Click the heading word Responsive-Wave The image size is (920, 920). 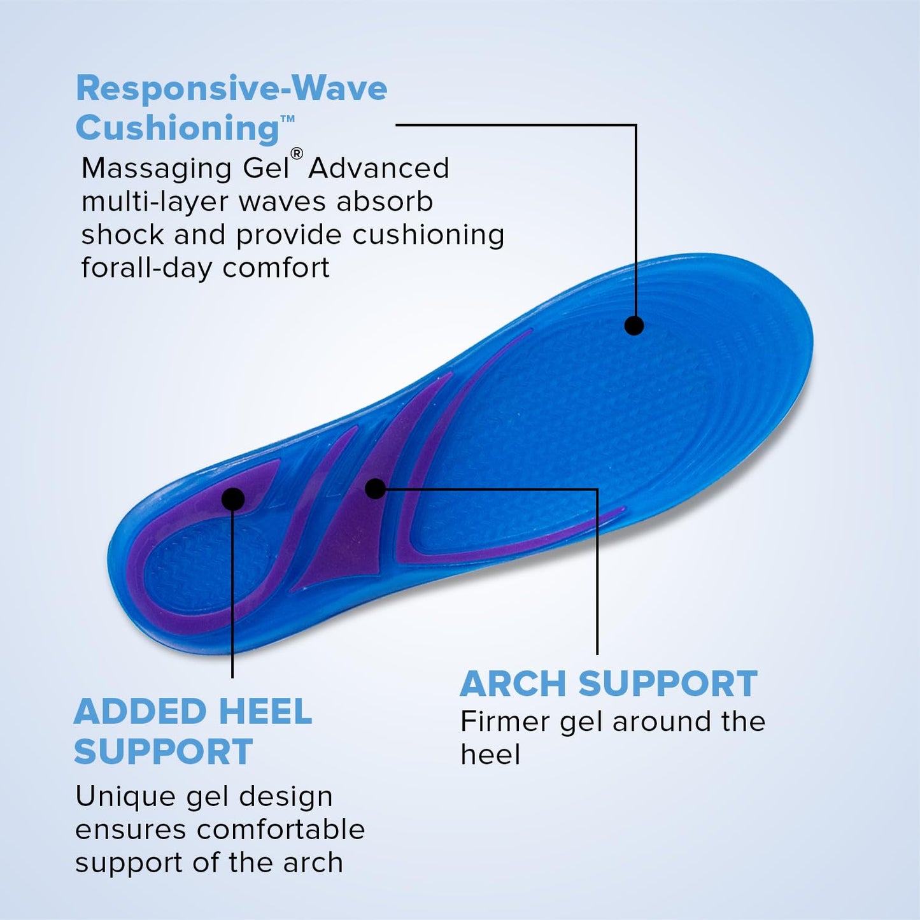(x=231, y=88)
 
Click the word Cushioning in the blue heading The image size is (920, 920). (x=178, y=128)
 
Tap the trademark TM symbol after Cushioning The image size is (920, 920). (x=288, y=118)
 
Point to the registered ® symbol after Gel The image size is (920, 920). (x=297, y=153)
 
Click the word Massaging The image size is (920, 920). (x=157, y=169)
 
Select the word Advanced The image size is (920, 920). (x=379, y=169)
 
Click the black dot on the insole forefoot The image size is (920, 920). (x=633, y=325)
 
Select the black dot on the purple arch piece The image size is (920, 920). (x=376, y=488)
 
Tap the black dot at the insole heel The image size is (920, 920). (x=233, y=499)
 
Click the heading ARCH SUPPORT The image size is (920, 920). (x=608, y=684)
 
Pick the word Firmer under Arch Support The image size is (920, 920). (x=505, y=721)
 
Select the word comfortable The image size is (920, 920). (x=281, y=830)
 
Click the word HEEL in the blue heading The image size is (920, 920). (x=265, y=712)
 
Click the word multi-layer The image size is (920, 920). (x=155, y=202)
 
